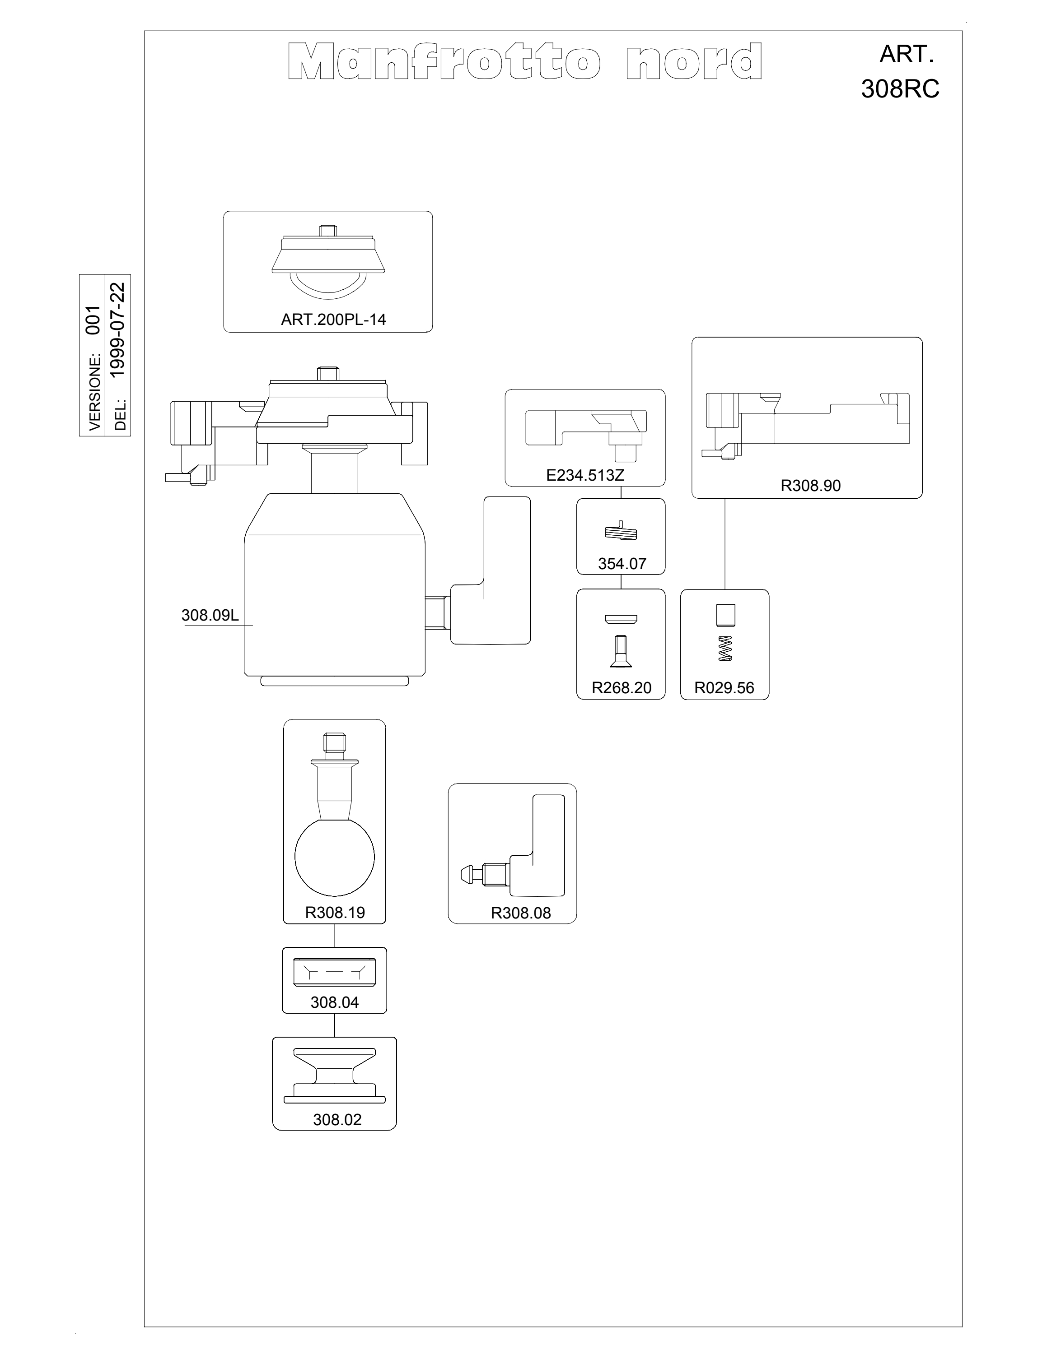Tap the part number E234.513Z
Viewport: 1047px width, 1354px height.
(584, 476)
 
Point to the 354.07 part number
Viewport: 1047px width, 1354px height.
(622, 564)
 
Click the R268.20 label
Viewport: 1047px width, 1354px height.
(622, 687)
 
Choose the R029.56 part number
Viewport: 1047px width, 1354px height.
(724, 687)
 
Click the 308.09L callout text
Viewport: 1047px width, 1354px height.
(210, 615)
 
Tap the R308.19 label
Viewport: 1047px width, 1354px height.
(335, 913)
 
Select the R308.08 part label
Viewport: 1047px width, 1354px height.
(520, 913)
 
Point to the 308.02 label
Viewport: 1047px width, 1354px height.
(337, 1120)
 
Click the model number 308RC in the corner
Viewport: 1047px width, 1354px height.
(900, 90)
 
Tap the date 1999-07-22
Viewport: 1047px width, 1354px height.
(117, 330)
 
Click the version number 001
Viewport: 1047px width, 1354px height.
(93, 320)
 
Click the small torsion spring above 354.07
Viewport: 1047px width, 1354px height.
(621, 531)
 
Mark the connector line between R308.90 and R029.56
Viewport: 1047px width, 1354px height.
(724, 544)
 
